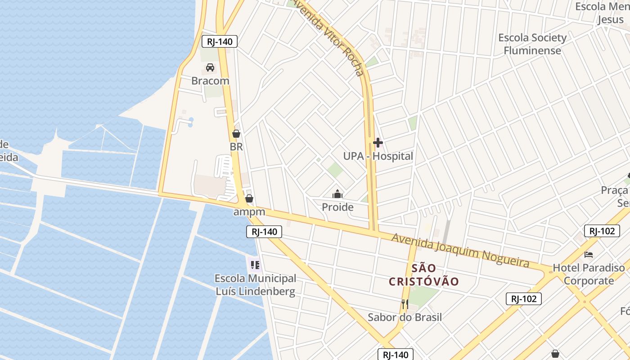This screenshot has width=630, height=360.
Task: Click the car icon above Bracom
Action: pyautogui.click(x=210, y=68)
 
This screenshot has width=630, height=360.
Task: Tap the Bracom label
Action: pyautogui.click(x=210, y=81)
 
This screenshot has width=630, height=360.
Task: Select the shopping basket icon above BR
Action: pyautogui.click(x=236, y=134)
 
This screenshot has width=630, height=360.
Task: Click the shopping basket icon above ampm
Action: pyautogui.click(x=249, y=198)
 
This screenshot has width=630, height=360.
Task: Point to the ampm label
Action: pyautogui.click(x=249, y=211)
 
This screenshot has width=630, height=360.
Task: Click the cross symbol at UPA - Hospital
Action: pyautogui.click(x=378, y=143)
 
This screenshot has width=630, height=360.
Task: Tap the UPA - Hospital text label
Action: pyautogui.click(x=378, y=156)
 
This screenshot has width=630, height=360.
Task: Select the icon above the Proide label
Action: pyautogui.click(x=337, y=194)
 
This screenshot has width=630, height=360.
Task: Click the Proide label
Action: pyautogui.click(x=337, y=207)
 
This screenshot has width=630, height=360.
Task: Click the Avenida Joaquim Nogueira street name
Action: pyautogui.click(x=460, y=250)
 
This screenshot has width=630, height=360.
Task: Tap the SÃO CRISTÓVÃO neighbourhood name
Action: pyautogui.click(x=424, y=275)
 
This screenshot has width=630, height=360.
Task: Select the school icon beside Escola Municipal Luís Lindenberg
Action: pyautogui.click(x=255, y=265)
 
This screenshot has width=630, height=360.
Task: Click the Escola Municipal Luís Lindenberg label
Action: pyautogui.click(x=256, y=285)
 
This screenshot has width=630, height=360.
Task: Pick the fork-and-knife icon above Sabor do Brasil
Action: pyautogui.click(x=405, y=304)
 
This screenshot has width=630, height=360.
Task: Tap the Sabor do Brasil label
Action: pyautogui.click(x=405, y=317)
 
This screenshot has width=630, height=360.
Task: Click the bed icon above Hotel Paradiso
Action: pyautogui.click(x=589, y=255)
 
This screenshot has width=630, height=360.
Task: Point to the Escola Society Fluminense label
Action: pyautogui.click(x=532, y=44)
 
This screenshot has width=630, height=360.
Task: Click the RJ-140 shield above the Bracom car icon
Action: pyautogui.click(x=219, y=42)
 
